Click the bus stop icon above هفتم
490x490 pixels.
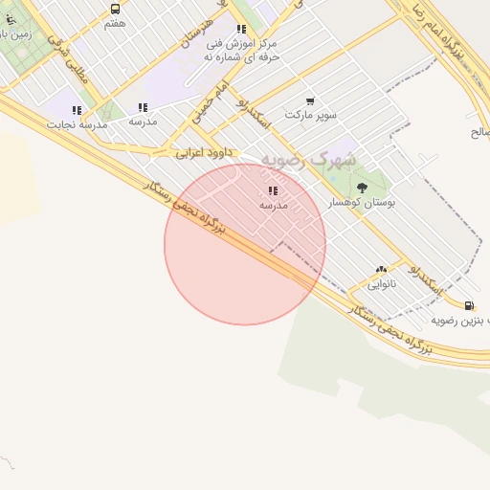(x=115, y=9)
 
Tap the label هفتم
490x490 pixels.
(x=115, y=23)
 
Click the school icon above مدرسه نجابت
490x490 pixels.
(x=77, y=110)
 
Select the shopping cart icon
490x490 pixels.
(x=310, y=100)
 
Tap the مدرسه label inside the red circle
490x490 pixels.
(x=275, y=204)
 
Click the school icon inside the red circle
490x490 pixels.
(x=274, y=190)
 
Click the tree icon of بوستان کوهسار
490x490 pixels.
(x=361, y=188)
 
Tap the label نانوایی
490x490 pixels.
(x=381, y=285)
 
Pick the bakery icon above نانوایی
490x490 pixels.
(x=382, y=271)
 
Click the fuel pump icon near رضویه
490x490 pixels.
(x=468, y=305)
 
